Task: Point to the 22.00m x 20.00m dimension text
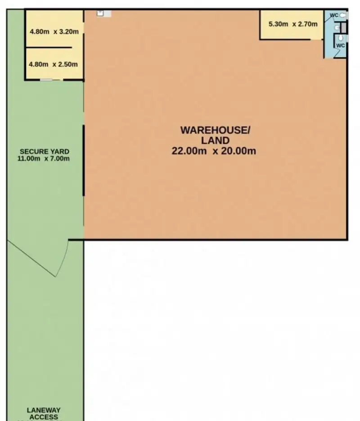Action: point(214,151)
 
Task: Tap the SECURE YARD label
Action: point(44,151)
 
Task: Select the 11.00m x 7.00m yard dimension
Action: point(44,158)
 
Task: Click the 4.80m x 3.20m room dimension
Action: point(54,32)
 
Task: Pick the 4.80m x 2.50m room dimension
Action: point(54,64)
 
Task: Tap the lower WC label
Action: point(341,45)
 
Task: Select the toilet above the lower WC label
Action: point(341,38)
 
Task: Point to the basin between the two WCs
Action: point(337,28)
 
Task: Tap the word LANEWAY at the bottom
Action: point(44,410)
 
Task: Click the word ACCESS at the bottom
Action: point(44,417)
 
